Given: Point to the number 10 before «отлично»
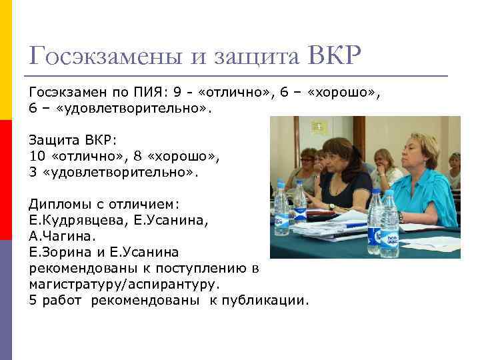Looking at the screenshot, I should (x=37, y=157).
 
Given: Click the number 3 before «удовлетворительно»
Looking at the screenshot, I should (x=33, y=172).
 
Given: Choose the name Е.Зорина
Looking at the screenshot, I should (x=57, y=252).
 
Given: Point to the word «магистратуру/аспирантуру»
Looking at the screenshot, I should (x=124, y=284).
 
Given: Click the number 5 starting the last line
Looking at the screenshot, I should (x=33, y=300).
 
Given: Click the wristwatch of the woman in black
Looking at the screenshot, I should (x=332, y=207).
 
